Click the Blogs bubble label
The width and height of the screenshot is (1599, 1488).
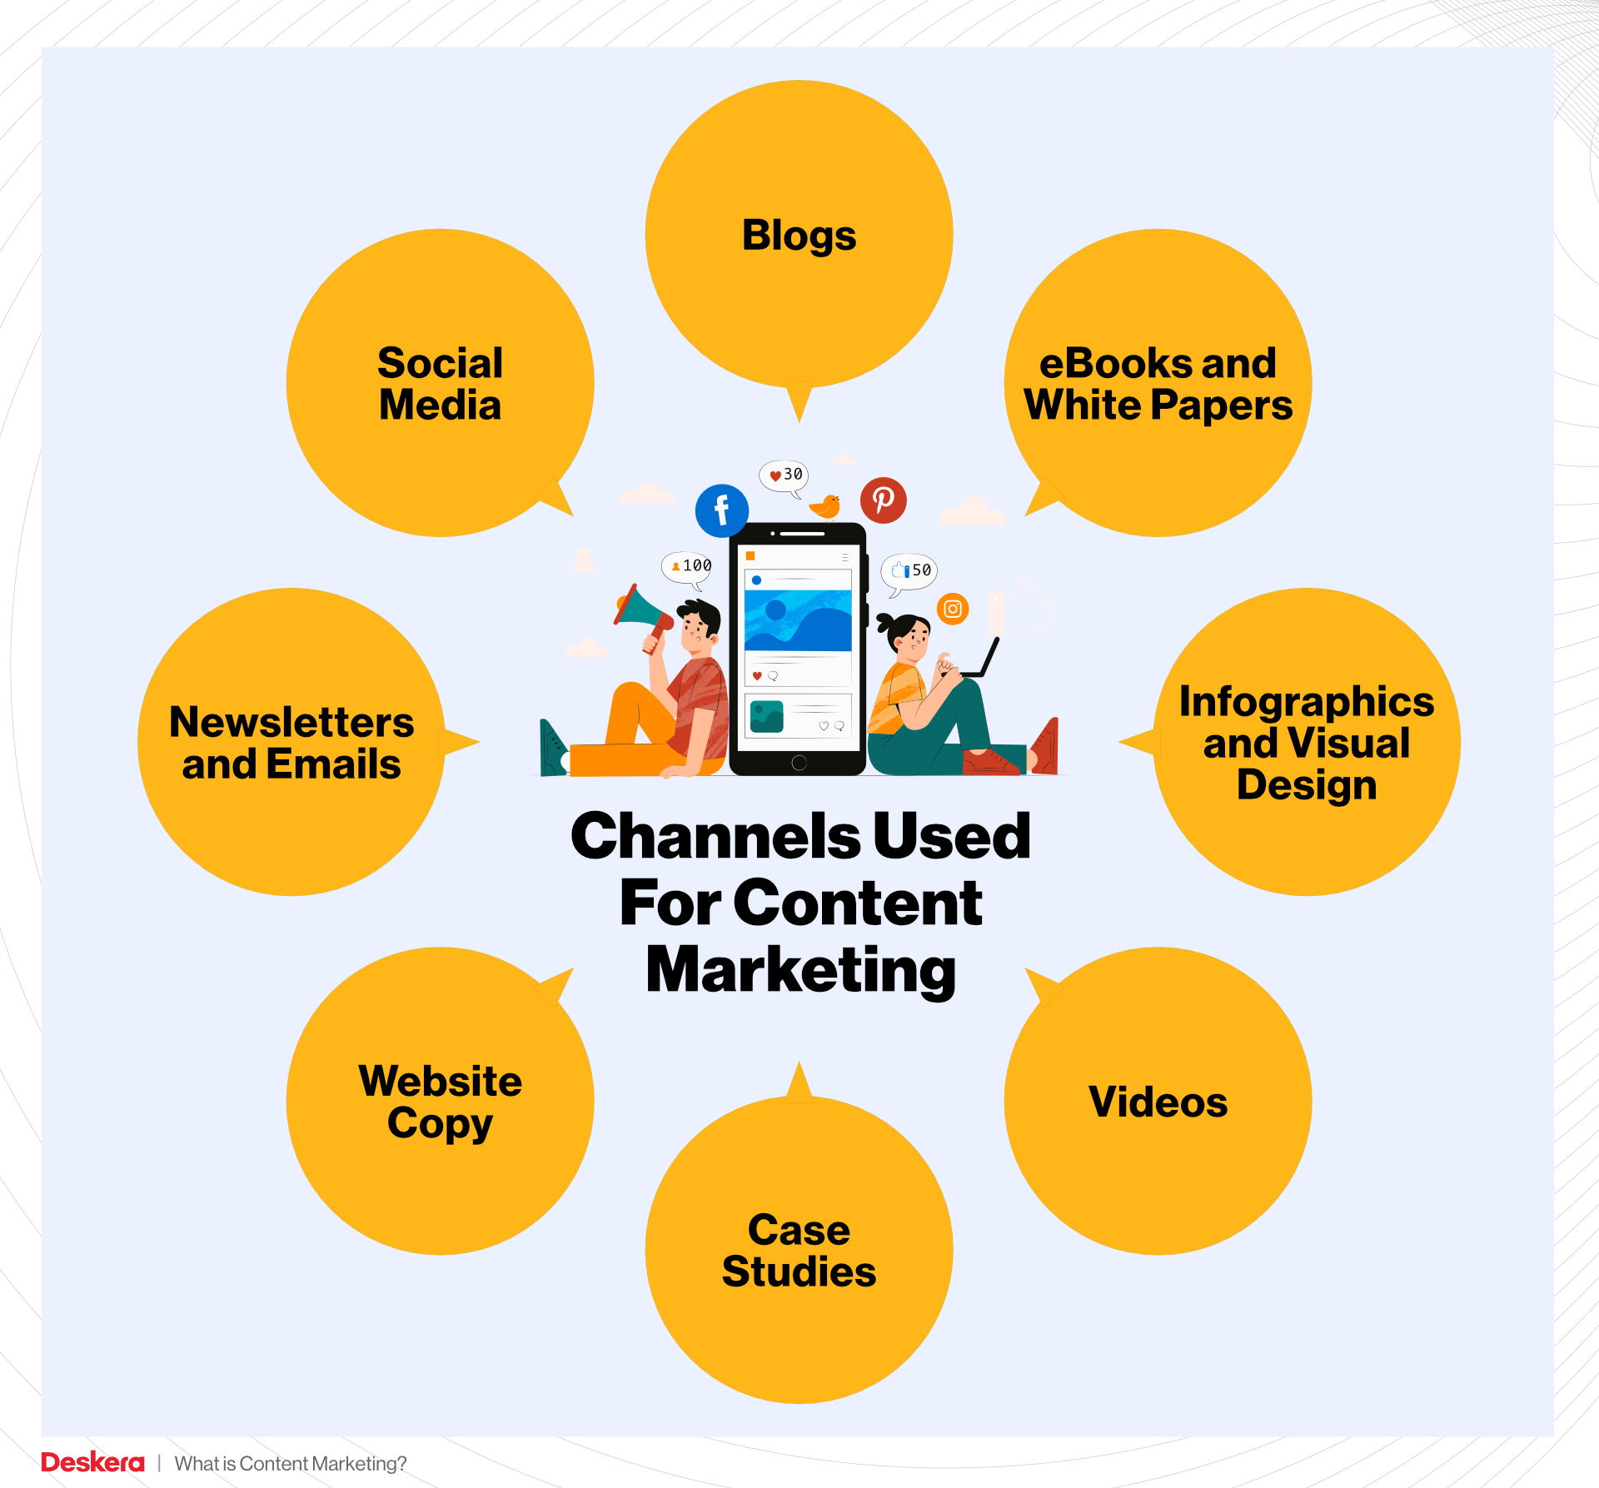[x=799, y=236]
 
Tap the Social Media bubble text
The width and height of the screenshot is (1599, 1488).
[x=440, y=384]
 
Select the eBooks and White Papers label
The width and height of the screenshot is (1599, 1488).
[x=1158, y=384]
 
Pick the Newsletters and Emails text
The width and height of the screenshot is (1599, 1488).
[x=291, y=743]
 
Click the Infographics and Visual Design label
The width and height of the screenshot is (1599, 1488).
[x=1307, y=743]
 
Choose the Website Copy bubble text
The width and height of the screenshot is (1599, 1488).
[x=440, y=1102]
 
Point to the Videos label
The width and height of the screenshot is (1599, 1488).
[x=1158, y=1102]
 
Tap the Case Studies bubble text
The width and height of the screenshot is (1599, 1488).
[x=799, y=1250]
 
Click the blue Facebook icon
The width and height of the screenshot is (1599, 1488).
[x=721, y=510]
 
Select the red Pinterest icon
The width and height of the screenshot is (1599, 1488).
[x=883, y=500]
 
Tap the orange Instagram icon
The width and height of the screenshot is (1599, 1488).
[x=953, y=609]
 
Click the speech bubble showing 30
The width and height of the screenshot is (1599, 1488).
[x=785, y=475]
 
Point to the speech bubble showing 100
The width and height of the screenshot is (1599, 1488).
[x=687, y=566]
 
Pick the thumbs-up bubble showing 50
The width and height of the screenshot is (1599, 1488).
[x=910, y=571]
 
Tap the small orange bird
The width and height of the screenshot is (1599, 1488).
[x=826, y=505]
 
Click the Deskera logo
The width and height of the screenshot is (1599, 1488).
[x=92, y=1462]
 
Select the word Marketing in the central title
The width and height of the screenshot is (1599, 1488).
[x=800, y=970]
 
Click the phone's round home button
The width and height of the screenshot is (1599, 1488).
[x=799, y=762]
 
